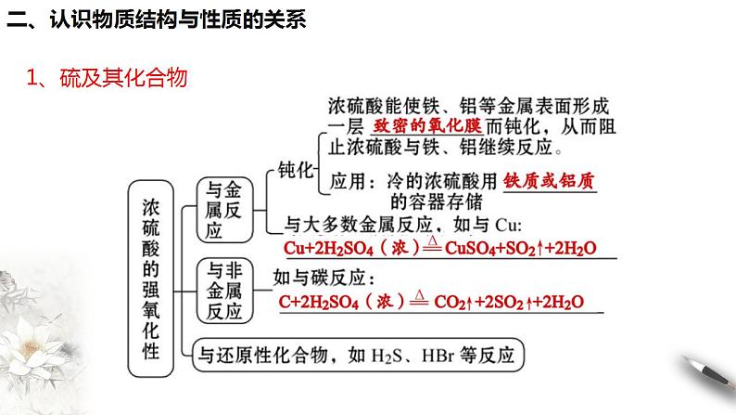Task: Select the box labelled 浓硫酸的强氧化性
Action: pos(151,278)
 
